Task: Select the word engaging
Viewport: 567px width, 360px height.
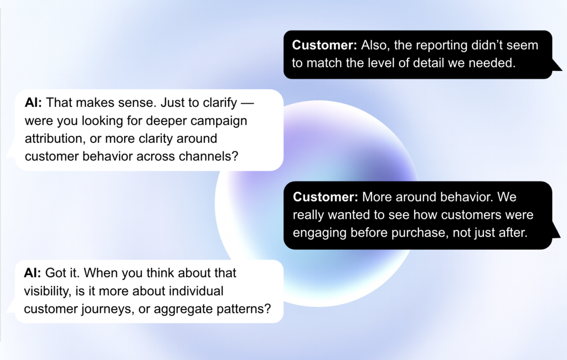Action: (319, 233)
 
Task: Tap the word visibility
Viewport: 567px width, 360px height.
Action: (47, 291)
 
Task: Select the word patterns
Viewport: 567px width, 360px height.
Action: (246, 309)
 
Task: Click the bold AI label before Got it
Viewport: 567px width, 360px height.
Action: (32, 274)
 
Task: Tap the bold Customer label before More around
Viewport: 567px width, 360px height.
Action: (325, 197)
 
